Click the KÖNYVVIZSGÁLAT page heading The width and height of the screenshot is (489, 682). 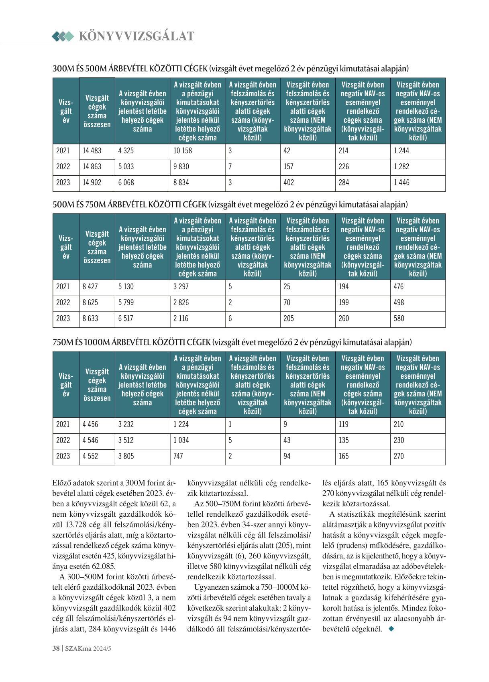pos(136,36)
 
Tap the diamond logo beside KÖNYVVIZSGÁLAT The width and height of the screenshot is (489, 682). pos(63,37)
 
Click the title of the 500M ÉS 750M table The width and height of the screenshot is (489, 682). pos(230,205)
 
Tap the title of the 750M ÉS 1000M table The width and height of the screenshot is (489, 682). pos(232,342)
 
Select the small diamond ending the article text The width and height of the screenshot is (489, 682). pos(392,629)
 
